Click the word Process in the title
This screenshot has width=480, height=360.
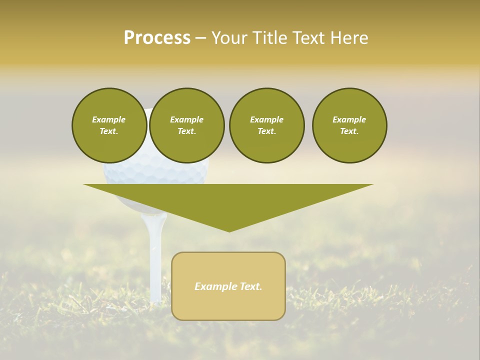pos(157,38)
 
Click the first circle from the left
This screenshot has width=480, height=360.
pos(109,125)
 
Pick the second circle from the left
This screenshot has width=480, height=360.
pos(186,125)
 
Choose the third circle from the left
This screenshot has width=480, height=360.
pos(266,125)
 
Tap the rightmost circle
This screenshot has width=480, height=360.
pos(349,125)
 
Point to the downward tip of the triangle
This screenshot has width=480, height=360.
pos(229,230)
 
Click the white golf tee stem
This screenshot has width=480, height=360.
pos(155,260)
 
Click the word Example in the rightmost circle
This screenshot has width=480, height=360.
pos(349,119)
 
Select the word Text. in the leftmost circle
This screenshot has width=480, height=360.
pos(109,131)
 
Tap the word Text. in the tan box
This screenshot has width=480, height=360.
pos(250,286)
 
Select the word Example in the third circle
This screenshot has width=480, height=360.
pos(266,119)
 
